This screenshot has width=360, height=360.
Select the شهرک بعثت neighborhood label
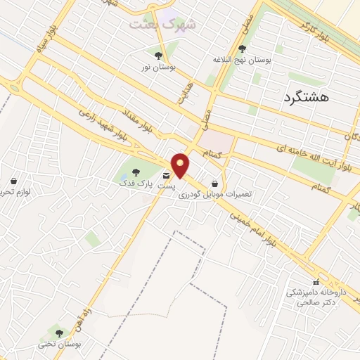[x=163, y=23]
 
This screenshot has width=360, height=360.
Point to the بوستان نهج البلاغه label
[x=242, y=61]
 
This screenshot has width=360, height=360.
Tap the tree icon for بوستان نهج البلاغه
[x=242, y=49]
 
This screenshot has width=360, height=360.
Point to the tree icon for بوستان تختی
[x=59, y=333]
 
